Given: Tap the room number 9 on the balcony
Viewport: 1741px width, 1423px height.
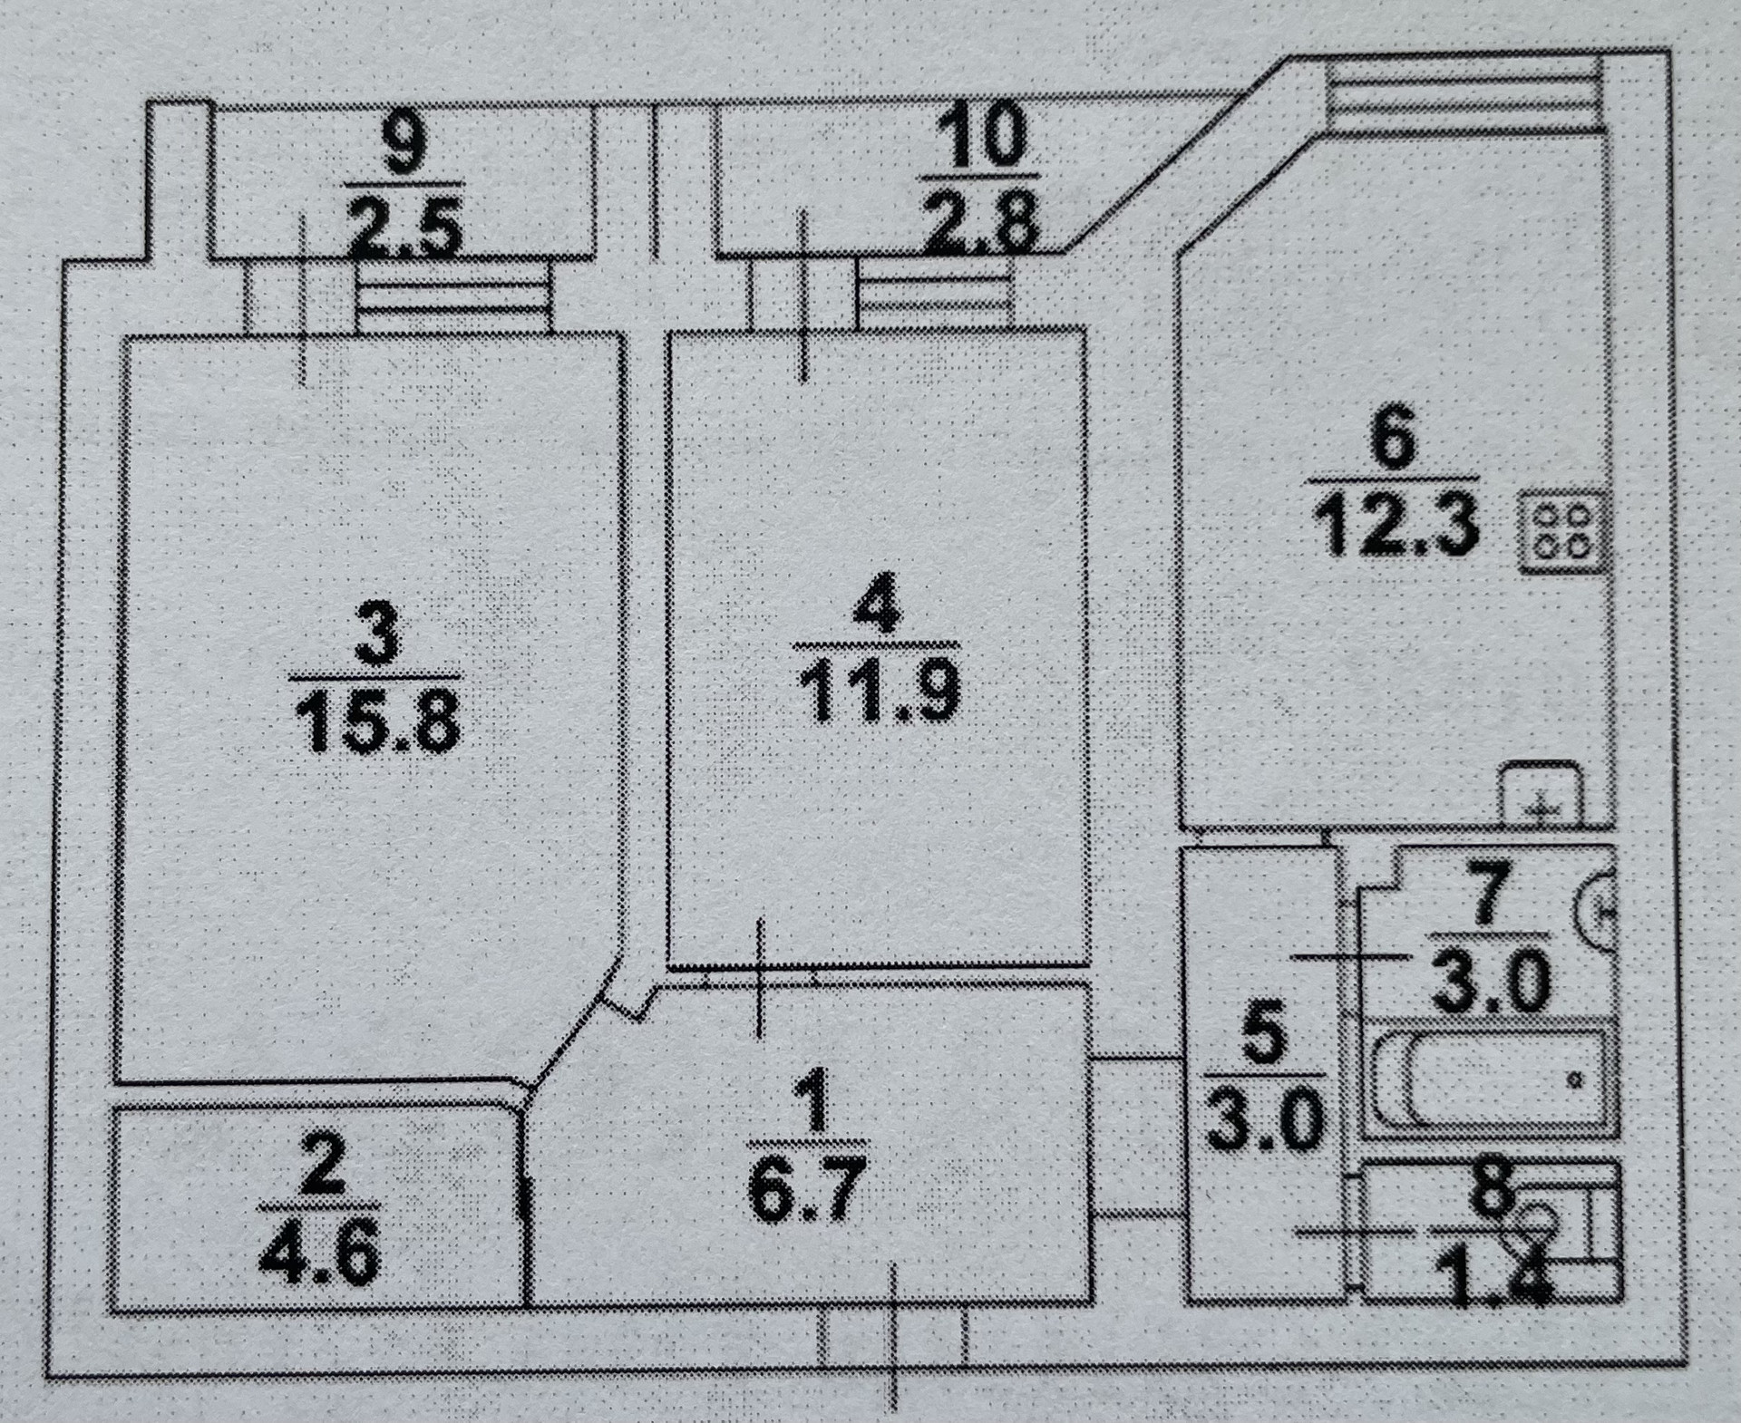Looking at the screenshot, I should click(x=402, y=144).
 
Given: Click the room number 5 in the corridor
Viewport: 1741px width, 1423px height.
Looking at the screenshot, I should click(x=1262, y=1038).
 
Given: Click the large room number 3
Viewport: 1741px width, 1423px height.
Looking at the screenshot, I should click(x=375, y=632).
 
